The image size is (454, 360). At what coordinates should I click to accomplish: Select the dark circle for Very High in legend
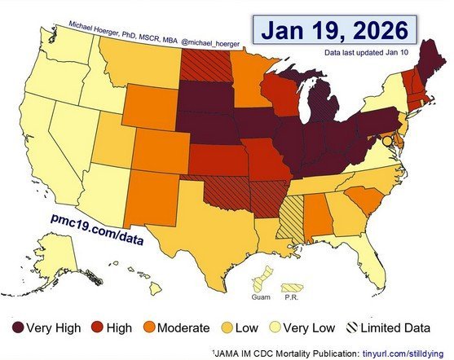pyautogui.click(x=15, y=327)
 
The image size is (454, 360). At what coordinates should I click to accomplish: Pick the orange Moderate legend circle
pyautogui.click(x=161, y=327)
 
